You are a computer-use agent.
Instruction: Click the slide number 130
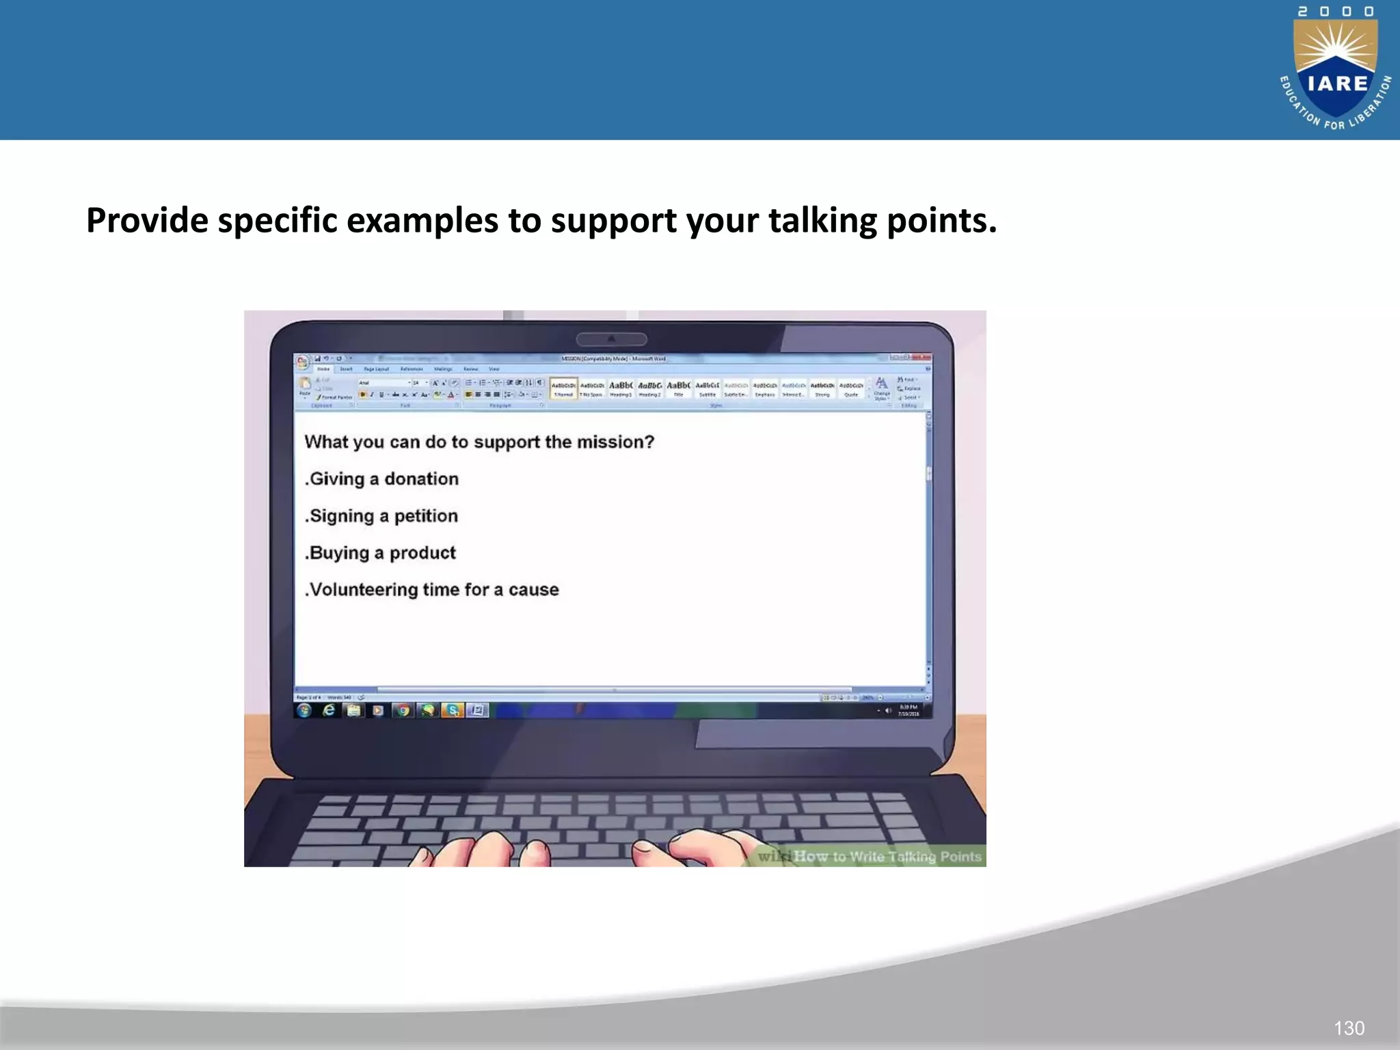pyautogui.click(x=1349, y=1027)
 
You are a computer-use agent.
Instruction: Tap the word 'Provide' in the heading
pyautogui.click(x=147, y=221)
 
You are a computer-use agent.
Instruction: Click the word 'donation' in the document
pyautogui.click(x=421, y=479)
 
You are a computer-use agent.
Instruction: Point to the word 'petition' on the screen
pyautogui.click(x=426, y=516)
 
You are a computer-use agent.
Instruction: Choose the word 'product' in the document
pyautogui.click(x=422, y=553)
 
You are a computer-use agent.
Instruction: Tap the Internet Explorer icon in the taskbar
pyautogui.click(x=329, y=710)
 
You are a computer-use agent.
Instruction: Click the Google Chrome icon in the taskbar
pyautogui.click(x=403, y=711)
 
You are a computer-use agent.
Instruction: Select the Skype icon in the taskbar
pyautogui.click(x=452, y=711)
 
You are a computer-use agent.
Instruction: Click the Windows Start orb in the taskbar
pyautogui.click(x=304, y=710)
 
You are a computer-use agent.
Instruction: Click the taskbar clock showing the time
pyautogui.click(x=908, y=710)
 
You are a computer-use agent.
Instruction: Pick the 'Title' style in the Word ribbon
pyautogui.click(x=679, y=388)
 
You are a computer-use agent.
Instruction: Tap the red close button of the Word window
pyautogui.click(x=922, y=358)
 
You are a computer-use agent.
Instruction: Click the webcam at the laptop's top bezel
pyautogui.click(x=612, y=339)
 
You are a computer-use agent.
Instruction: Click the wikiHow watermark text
pyautogui.click(x=869, y=857)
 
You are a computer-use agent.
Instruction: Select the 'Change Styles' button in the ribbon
pyautogui.click(x=882, y=388)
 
